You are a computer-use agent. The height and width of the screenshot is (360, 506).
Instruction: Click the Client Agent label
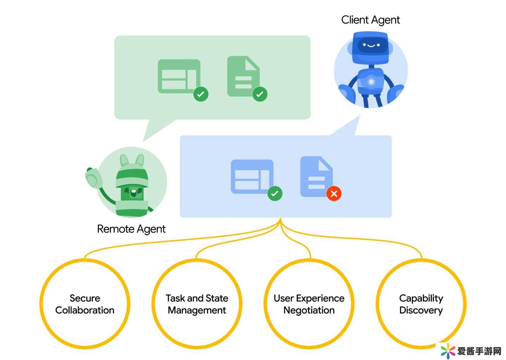coord(370,20)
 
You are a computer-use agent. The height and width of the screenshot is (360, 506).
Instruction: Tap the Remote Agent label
coord(131,229)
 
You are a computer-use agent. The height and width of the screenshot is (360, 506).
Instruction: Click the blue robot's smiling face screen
coord(371,45)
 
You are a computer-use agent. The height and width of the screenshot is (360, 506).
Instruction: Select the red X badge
coord(334,193)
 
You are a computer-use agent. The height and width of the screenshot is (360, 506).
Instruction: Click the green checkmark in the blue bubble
coord(275,193)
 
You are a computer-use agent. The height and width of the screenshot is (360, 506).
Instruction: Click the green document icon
coord(243,76)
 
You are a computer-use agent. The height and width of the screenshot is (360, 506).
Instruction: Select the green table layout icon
coord(179,76)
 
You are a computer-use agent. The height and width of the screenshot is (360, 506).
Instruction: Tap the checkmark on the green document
coord(260,94)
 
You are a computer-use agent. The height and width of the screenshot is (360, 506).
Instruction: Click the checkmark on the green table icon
coord(201,94)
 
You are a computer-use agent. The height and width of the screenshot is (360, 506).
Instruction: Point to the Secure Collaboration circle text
coord(85,304)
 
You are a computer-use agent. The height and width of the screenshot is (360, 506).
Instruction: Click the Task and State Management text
coord(197,304)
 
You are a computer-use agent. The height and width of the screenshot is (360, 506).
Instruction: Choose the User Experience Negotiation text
coord(309,304)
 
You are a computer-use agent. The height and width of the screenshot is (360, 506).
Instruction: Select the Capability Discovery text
coord(421,304)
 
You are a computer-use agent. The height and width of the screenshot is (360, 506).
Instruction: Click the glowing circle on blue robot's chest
coord(371,82)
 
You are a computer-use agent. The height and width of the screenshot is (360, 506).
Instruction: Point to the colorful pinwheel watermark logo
coord(448,351)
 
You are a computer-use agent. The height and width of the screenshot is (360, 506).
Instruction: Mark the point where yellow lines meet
coord(280,221)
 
